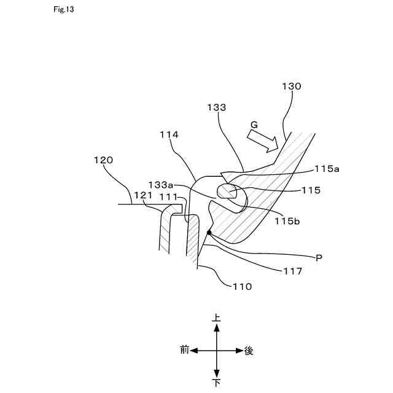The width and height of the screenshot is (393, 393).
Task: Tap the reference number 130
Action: pos(291,87)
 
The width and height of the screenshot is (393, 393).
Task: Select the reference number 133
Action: pos(217,107)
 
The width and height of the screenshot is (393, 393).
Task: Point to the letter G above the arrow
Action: pos(253,125)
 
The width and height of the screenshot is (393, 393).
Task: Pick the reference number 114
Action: pos(169,133)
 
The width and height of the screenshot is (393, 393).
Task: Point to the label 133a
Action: pos(161,184)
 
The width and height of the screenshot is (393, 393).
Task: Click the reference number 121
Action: pos(142,195)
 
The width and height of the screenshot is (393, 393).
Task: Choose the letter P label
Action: pos(318,258)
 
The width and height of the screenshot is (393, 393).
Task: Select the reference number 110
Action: pos(241,286)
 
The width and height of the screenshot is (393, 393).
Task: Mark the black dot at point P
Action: pos(209,233)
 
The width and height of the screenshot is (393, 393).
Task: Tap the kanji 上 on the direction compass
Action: pos(216,319)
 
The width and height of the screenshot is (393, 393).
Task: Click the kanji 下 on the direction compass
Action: pos(216,383)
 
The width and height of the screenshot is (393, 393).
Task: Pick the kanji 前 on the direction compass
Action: pos(184,351)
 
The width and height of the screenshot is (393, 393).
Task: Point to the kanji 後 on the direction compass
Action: pos(249,351)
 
